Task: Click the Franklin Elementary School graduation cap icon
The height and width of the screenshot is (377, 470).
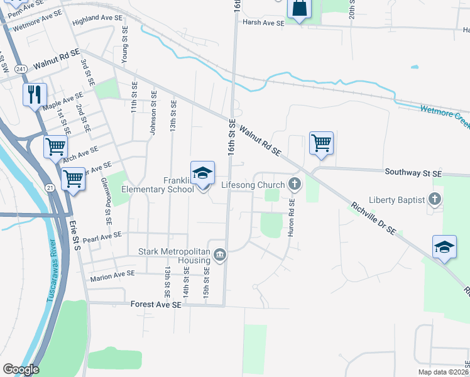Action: (203, 173)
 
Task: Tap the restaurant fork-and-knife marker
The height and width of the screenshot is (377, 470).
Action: (34, 95)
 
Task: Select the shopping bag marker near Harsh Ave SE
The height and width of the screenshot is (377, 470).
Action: (299, 9)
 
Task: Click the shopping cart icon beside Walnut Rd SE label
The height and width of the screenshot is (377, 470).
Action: (321, 143)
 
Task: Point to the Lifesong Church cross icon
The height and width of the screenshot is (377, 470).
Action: (294, 185)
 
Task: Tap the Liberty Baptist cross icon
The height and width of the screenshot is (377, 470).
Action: (434, 199)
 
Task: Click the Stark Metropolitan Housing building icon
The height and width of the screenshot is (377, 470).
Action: (220, 254)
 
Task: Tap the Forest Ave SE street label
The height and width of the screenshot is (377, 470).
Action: (156, 304)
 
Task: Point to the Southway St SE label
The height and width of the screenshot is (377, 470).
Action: (413, 172)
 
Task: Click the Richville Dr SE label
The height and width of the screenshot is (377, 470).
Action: (373, 218)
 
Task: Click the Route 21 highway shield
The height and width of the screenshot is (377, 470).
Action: (50, 187)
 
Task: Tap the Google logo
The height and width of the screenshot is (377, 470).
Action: (21, 369)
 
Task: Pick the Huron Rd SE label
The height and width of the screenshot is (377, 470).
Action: (291, 217)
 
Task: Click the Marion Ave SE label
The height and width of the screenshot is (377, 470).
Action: (112, 273)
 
